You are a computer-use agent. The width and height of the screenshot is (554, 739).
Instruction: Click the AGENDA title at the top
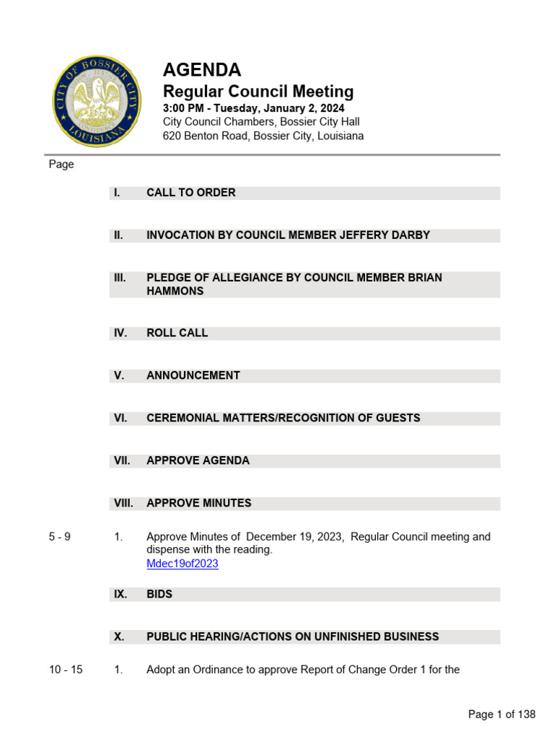click(x=202, y=70)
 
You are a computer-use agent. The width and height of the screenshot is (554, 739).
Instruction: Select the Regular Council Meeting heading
click(x=258, y=92)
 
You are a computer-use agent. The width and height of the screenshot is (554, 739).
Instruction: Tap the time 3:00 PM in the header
click(x=183, y=108)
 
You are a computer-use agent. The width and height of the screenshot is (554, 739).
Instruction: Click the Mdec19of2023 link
click(x=182, y=564)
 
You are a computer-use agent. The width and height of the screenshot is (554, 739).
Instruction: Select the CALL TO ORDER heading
click(x=191, y=193)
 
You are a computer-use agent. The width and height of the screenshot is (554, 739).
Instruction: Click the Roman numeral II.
click(x=118, y=235)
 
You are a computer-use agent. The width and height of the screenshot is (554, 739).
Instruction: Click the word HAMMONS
click(x=175, y=291)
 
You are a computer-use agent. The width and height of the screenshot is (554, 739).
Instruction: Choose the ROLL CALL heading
click(x=177, y=333)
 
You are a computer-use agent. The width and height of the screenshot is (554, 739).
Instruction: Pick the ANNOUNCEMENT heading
click(x=193, y=376)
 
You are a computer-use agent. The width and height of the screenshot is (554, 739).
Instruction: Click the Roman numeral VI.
click(x=120, y=419)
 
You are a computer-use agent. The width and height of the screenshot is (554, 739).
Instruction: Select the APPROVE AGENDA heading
click(x=198, y=460)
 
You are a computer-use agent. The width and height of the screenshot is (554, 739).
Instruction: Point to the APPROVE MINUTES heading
click(x=199, y=503)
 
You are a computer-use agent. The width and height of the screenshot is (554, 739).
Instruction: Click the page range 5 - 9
click(x=60, y=537)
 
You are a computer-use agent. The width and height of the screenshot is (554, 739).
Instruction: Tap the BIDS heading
click(x=159, y=595)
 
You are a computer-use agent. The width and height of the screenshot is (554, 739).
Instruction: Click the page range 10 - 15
click(x=66, y=670)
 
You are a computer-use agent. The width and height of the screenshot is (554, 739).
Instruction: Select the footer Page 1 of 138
click(x=501, y=714)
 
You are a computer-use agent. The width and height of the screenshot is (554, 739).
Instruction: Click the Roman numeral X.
click(x=118, y=637)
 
